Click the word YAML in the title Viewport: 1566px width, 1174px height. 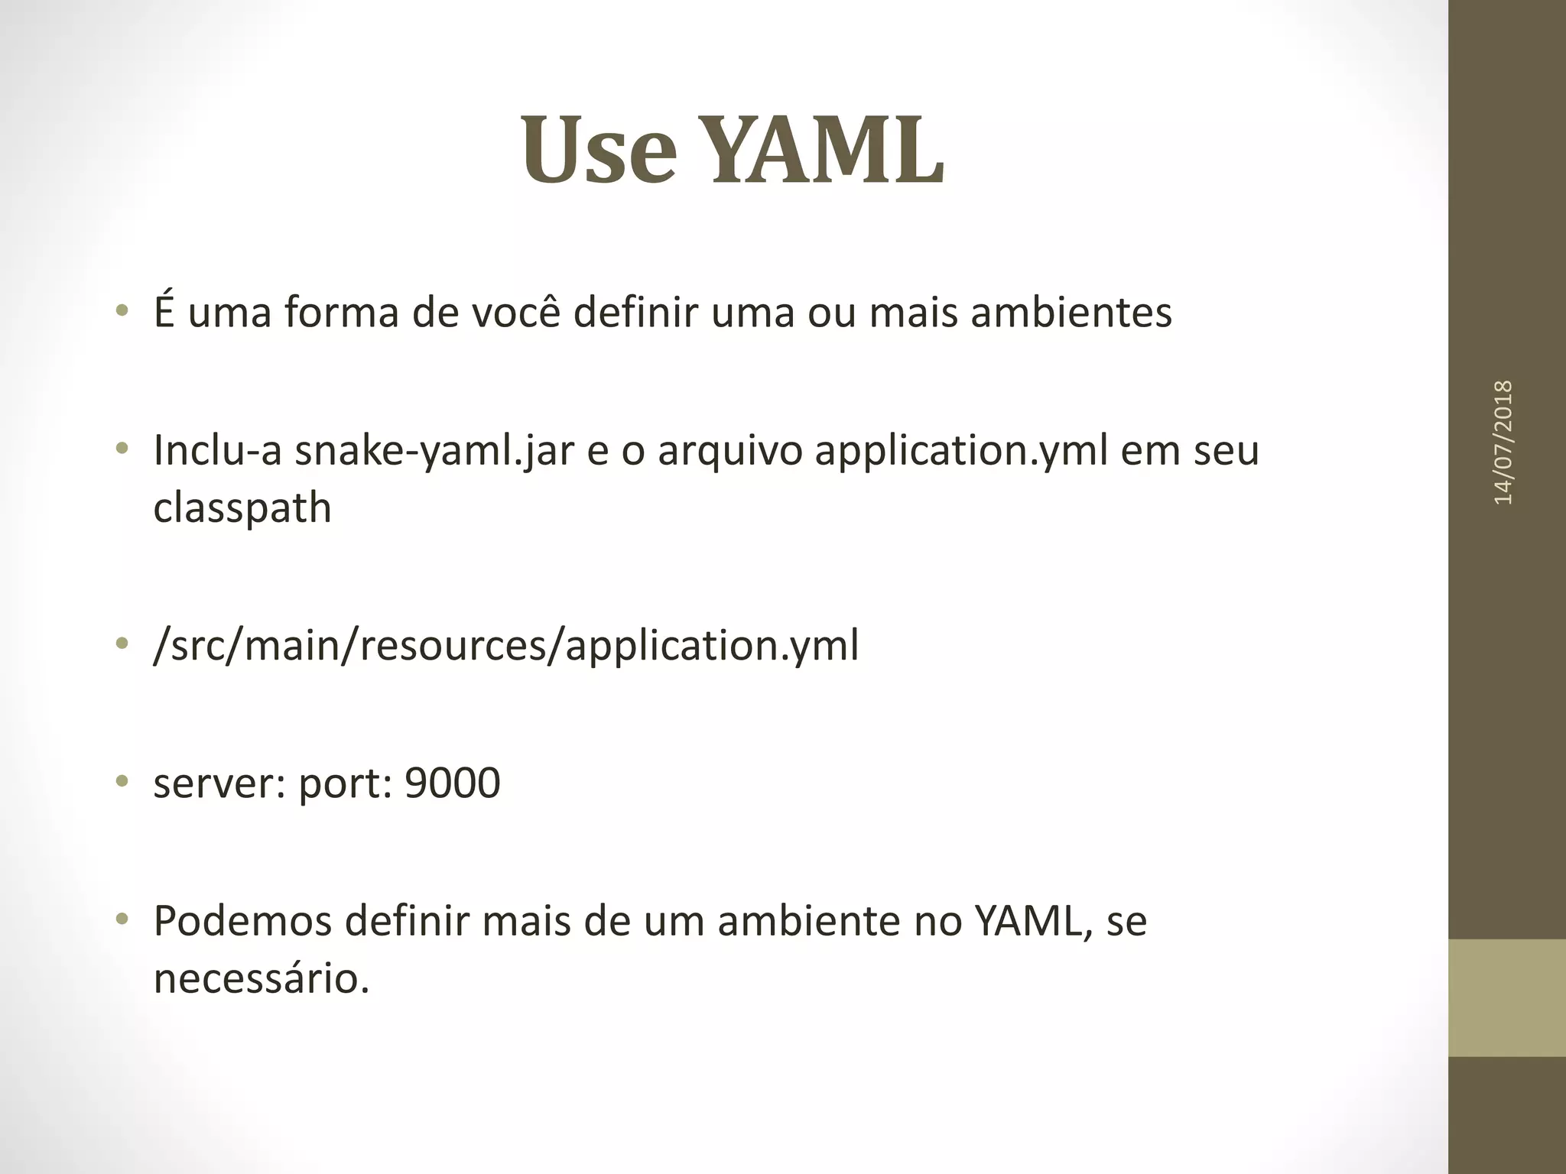[828, 150]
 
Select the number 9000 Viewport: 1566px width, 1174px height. [452, 783]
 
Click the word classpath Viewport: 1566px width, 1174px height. [242, 509]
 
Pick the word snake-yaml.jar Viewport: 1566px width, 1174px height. [434, 451]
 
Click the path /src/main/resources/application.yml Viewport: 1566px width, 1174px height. [506, 646]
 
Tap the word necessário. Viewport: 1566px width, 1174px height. [262, 978]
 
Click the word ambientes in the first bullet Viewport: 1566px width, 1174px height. [1071, 313]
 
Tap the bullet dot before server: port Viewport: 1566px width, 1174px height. [121, 781]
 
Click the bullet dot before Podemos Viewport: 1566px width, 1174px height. [121, 919]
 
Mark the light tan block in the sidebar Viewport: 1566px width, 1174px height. [1506, 997]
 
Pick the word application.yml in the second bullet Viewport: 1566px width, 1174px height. [960, 451]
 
